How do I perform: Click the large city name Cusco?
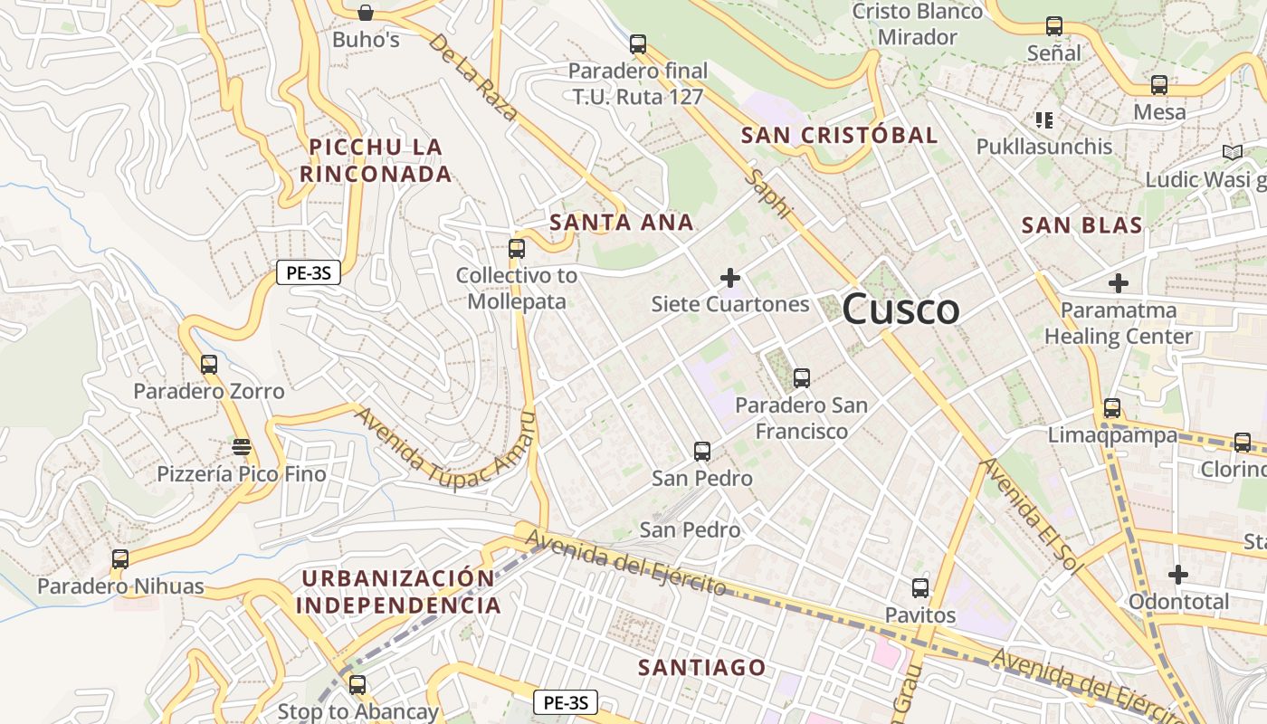pyautogui.click(x=900, y=310)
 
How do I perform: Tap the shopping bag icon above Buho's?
pyautogui.click(x=365, y=13)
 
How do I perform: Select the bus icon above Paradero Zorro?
pyautogui.click(x=209, y=365)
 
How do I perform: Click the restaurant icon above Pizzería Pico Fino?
pyautogui.click(x=241, y=446)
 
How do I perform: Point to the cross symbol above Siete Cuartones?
pyautogui.click(x=729, y=277)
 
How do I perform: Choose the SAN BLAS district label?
pyautogui.click(x=1081, y=225)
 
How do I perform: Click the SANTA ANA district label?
pyautogui.click(x=622, y=223)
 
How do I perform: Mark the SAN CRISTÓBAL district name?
pyautogui.click(x=839, y=136)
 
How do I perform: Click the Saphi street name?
pyautogui.click(x=768, y=193)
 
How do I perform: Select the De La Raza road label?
pyautogui.click(x=472, y=78)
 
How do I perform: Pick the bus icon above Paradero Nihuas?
pyautogui.click(x=120, y=559)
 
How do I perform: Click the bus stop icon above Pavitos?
pyautogui.click(x=920, y=588)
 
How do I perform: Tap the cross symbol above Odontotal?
pyautogui.click(x=1177, y=575)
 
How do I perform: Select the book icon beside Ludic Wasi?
pyautogui.click(x=1232, y=152)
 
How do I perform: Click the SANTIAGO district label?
pyautogui.click(x=702, y=668)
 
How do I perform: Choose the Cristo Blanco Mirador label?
pyautogui.click(x=918, y=24)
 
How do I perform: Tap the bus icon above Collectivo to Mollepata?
pyautogui.click(x=517, y=248)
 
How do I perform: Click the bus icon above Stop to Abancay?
pyautogui.click(x=357, y=684)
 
